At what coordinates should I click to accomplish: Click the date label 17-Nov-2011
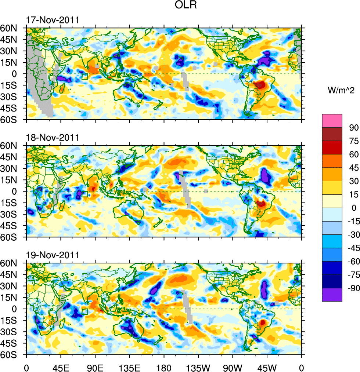click(52, 20)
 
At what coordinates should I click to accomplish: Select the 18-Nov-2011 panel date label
click(52, 138)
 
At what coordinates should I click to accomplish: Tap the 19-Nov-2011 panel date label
click(52, 255)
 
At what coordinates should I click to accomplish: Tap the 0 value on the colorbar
click(353, 208)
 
